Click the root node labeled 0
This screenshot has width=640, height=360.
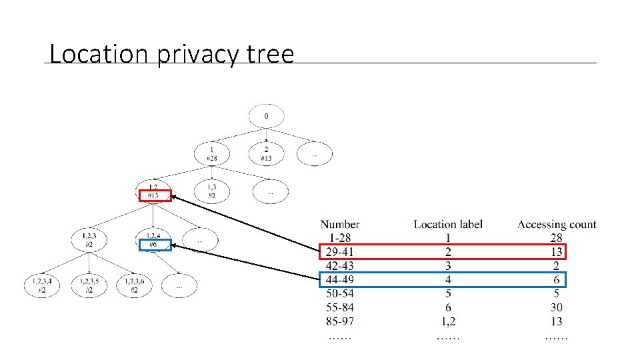pyautogui.click(x=267, y=117)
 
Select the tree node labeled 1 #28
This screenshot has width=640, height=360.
pyautogui.click(x=212, y=154)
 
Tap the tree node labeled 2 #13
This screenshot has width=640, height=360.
pyautogui.click(x=266, y=154)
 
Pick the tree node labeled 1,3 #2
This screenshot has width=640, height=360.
pyautogui.click(x=211, y=191)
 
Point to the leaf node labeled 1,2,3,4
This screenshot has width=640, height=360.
pyautogui.click(x=41, y=285)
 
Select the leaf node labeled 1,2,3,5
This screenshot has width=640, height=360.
pyautogui.click(x=89, y=285)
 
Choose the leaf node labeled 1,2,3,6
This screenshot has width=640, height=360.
pyautogui.click(x=135, y=285)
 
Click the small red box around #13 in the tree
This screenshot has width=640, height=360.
pyautogui.click(x=155, y=196)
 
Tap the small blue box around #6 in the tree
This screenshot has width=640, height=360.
pyautogui.click(x=155, y=245)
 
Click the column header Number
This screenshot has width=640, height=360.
pyautogui.click(x=339, y=225)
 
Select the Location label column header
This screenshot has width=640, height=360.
pyautogui.click(x=448, y=225)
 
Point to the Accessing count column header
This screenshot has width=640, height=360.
pyautogui.click(x=557, y=225)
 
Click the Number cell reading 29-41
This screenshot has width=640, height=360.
pyautogui.click(x=341, y=252)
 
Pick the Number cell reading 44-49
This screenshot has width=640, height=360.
pyautogui.click(x=341, y=279)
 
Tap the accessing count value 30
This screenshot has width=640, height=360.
pyautogui.click(x=557, y=307)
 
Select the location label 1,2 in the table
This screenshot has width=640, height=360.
pyautogui.click(x=448, y=321)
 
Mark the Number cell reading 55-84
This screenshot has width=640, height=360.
pyautogui.click(x=341, y=307)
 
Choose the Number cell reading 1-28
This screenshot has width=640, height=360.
pyautogui.click(x=341, y=238)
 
